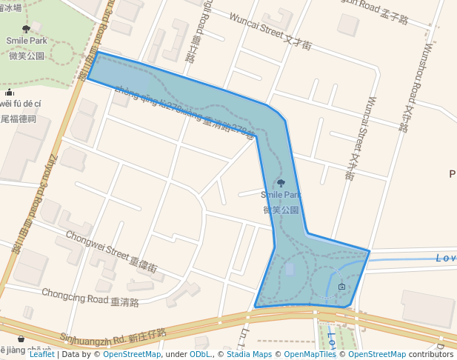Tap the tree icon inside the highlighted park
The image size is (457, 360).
pos(280,183)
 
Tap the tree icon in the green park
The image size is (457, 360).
pos(27,29)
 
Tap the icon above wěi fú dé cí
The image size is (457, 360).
pos(9,93)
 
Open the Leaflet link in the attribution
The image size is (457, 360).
pos(42,354)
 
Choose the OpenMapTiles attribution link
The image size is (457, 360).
pos(310,354)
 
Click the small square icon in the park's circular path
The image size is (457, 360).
pos(341,286)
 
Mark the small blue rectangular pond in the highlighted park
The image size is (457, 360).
pos(290,269)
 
